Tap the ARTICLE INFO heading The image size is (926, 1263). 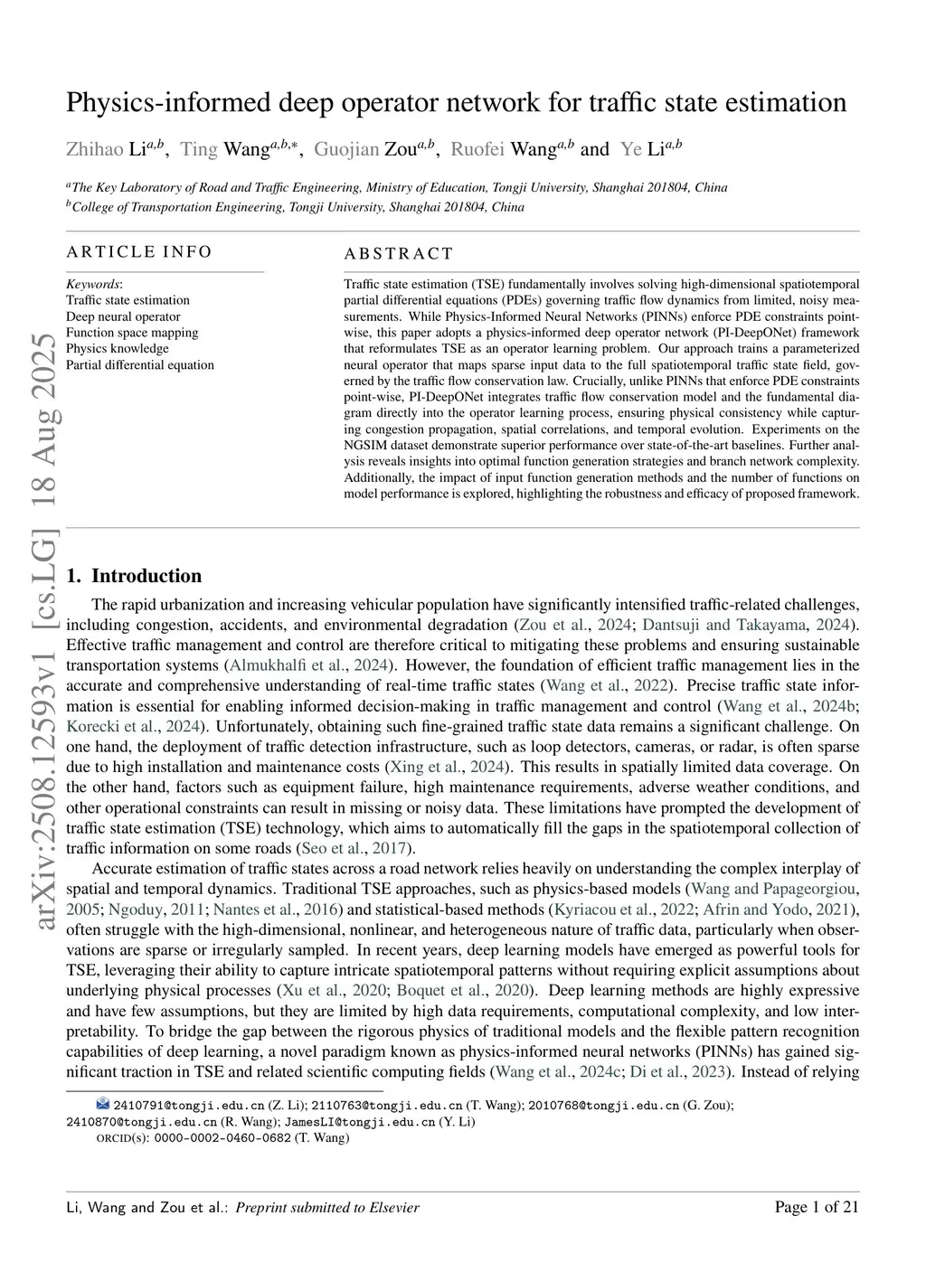pos(139,251)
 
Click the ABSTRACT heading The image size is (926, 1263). pos(399,254)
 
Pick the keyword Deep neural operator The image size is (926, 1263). pos(123,316)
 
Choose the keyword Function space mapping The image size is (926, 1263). pos(132,333)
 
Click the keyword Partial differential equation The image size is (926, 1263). pos(140,365)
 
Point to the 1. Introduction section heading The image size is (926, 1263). pos(134,576)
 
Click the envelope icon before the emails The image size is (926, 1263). pos(103,1104)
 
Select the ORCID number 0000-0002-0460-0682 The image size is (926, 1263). pos(222,1137)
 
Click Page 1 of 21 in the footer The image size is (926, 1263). pos(817,1206)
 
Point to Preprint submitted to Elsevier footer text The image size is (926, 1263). pos(327,1207)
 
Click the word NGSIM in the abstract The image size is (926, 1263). pos(363,446)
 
